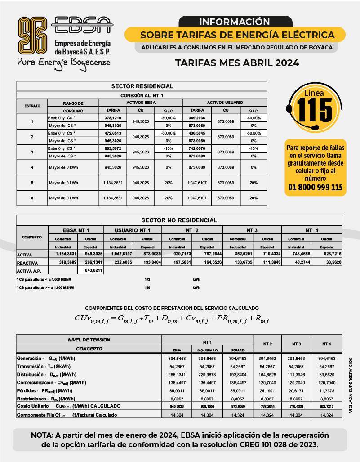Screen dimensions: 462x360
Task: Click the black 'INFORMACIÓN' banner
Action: (234, 22)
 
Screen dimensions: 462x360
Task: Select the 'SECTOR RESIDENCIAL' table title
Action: (142, 86)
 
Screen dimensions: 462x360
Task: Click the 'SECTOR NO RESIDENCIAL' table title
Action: (179, 220)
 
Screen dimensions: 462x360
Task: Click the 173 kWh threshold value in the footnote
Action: (147, 279)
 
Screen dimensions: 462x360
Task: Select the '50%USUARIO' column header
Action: (207, 350)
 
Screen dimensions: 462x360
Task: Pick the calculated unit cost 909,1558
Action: (207, 406)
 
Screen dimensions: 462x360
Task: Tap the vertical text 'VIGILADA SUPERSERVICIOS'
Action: (350, 385)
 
